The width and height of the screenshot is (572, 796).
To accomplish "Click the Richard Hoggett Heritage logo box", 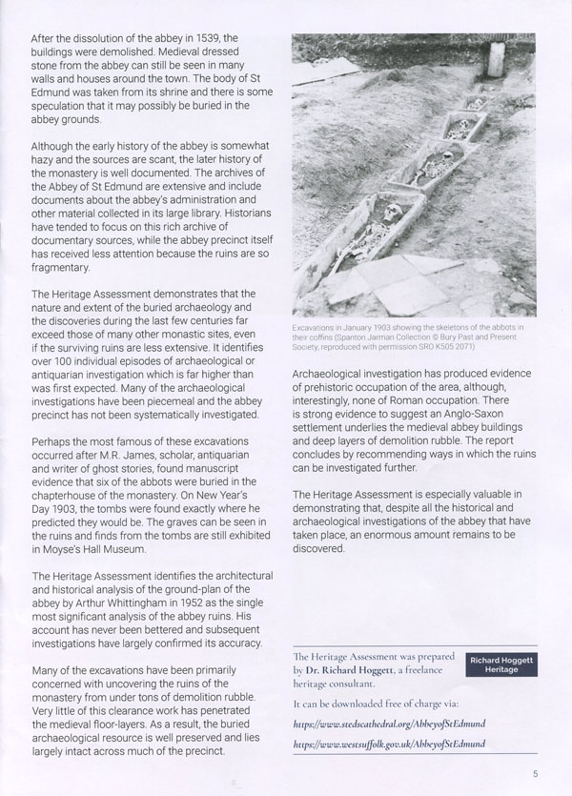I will pyautogui.click(x=499, y=664).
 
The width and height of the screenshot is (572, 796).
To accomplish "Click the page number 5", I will pyautogui.click(x=538, y=774).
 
